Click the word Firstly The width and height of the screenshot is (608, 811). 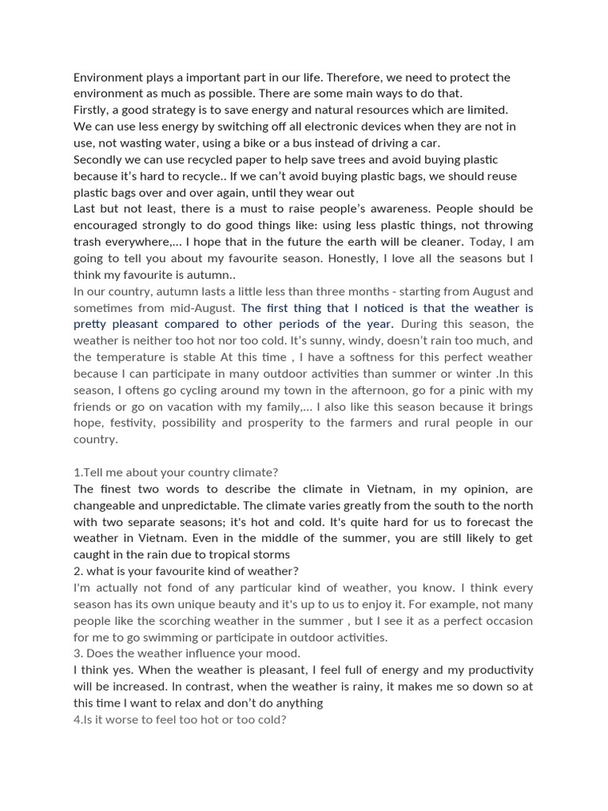[x=92, y=110]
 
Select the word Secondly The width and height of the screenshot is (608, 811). [x=99, y=159]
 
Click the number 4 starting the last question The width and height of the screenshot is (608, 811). [x=77, y=719]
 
